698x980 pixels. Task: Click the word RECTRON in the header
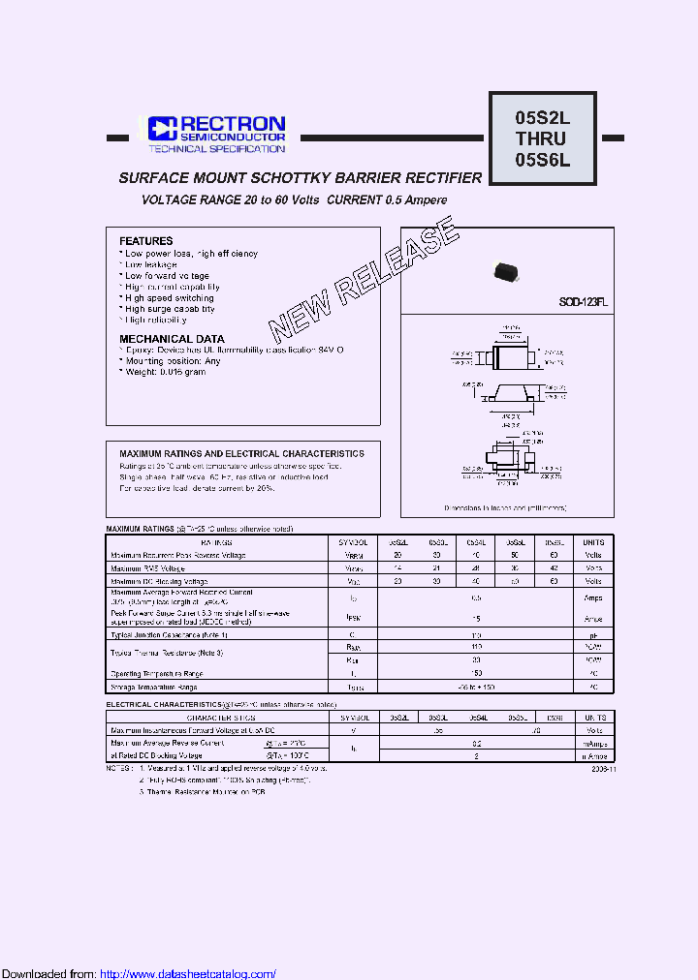point(233,124)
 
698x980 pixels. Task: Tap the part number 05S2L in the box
point(543,118)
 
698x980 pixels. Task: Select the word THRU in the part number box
point(543,139)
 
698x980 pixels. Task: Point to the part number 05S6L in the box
point(543,161)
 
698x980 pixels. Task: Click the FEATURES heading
point(146,241)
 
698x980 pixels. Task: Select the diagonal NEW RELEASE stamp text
point(363,280)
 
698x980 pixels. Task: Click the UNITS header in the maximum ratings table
point(593,543)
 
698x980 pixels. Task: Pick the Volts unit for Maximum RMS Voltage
point(593,568)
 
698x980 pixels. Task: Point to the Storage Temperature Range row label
point(156,686)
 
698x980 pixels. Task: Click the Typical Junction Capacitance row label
point(170,634)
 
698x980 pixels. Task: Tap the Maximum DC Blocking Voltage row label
point(159,581)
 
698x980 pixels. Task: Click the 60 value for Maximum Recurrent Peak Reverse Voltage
point(554,556)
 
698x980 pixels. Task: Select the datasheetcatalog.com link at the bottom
point(188,973)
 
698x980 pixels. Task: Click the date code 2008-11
point(601,768)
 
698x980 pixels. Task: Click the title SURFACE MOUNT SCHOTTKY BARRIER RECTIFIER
point(300,178)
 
